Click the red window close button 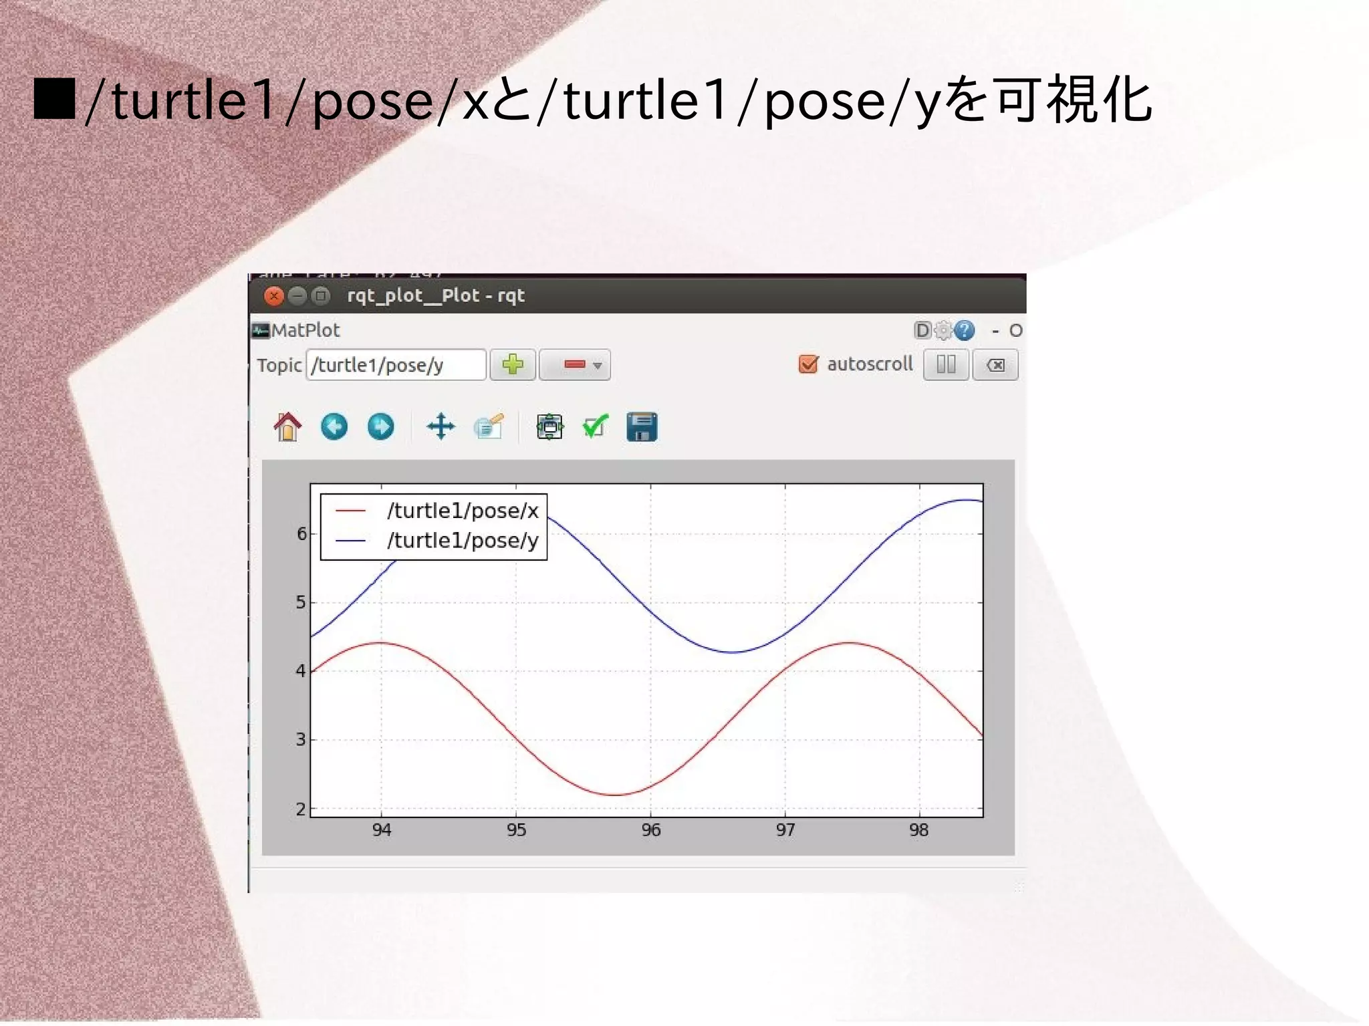273,295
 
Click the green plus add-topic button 513,365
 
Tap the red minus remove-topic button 574,365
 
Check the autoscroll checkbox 808,364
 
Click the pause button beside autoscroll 946,365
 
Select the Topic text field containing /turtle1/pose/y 396,365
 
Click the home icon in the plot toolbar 287,426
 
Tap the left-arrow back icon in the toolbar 334,426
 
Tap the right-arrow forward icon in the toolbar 380,426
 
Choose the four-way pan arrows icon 441,426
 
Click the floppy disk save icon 642,426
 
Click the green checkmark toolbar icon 595,426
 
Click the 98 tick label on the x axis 919,830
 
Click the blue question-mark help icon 964,330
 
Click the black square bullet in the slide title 54,99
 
